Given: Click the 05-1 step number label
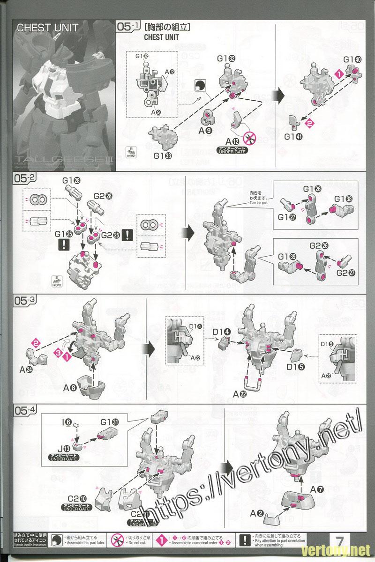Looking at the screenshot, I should point(128,27).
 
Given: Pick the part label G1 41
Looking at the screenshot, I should point(293,137).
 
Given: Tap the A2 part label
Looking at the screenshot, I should point(256,513).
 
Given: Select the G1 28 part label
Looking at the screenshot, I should point(68,180).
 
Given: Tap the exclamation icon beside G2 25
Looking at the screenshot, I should point(126,236).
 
